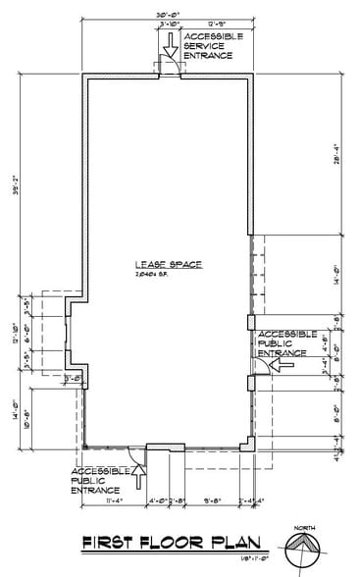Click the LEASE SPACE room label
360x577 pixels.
[162, 264]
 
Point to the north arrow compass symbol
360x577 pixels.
[304, 551]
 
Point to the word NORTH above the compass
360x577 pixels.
[304, 529]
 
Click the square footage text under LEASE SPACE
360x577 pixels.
[162, 276]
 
